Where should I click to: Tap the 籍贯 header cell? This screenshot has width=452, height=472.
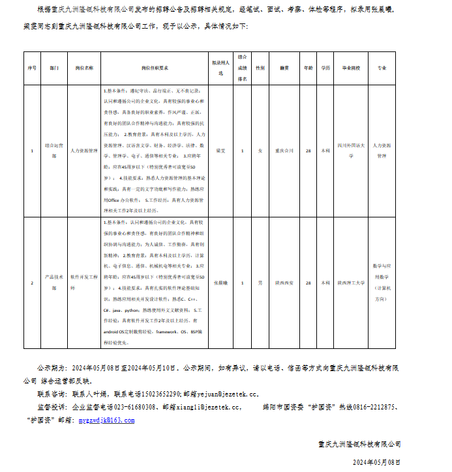click(284, 68)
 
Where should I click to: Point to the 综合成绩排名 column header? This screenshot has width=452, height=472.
click(242, 68)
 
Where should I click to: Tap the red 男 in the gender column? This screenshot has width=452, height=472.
click(260, 283)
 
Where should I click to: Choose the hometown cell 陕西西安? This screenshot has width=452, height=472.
click(284, 283)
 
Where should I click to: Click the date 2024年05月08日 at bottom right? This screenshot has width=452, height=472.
click(374, 462)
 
